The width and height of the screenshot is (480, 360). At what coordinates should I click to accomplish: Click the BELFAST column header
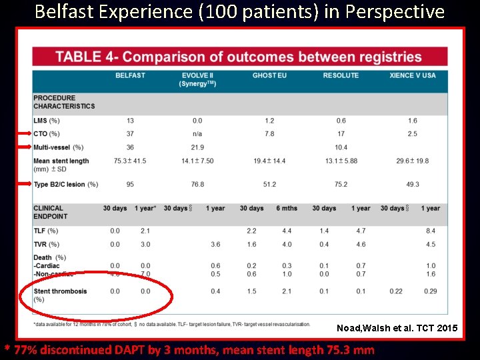(130, 75)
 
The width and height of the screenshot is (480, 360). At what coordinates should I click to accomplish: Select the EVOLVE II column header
(197, 75)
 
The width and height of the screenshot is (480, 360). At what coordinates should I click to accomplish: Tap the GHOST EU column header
(269, 75)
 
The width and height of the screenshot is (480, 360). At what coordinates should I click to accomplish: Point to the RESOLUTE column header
(341, 75)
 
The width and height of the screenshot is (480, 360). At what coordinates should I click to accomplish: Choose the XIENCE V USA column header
(413, 75)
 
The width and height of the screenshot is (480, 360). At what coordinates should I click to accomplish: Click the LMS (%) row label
(47, 121)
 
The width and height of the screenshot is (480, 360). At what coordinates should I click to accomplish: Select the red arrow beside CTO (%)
(23, 134)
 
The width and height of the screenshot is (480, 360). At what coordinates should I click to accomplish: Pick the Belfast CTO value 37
(130, 134)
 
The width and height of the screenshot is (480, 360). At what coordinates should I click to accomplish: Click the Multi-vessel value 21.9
(197, 147)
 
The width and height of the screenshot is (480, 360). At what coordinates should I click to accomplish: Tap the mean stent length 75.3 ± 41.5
(130, 161)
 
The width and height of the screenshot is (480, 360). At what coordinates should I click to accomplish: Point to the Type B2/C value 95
(130, 185)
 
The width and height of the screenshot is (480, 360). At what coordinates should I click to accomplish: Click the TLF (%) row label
(46, 231)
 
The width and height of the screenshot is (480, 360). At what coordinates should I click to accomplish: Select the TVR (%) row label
(46, 244)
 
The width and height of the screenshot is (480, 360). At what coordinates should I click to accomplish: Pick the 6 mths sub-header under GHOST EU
(287, 208)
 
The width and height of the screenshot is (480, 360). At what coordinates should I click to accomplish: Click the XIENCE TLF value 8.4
(431, 231)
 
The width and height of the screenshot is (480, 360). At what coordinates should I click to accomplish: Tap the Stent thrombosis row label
(60, 291)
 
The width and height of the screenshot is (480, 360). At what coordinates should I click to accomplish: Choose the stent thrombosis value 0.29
(431, 291)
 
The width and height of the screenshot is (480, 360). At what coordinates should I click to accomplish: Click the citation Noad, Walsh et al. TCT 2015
(397, 328)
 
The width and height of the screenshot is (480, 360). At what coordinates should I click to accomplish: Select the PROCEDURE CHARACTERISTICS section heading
(64, 102)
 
